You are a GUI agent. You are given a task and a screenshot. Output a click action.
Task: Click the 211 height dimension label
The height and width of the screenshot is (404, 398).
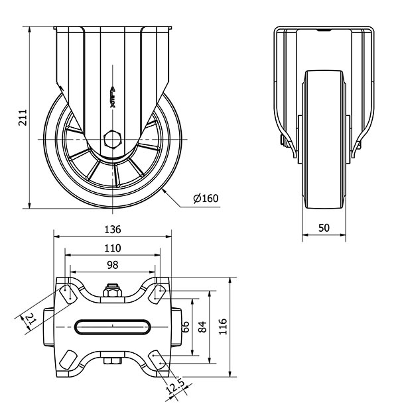(x=23, y=117)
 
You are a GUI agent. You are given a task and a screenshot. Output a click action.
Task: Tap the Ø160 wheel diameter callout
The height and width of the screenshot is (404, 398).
(x=206, y=198)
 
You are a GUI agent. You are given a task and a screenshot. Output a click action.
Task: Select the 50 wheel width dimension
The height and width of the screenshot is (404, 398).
(x=324, y=228)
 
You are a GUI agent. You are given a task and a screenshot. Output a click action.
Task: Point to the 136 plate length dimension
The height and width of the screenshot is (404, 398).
(x=113, y=229)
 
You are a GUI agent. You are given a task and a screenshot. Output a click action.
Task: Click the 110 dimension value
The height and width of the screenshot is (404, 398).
(x=113, y=248)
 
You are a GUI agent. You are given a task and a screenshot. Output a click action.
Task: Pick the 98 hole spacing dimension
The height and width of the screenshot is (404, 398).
(x=113, y=265)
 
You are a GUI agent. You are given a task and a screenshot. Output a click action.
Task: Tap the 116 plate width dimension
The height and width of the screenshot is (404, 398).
(x=223, y=327)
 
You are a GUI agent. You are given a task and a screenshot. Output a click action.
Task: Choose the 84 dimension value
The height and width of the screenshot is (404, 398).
(x=202, y=327)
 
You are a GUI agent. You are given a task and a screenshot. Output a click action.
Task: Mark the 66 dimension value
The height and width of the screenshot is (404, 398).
(x=186, y=327)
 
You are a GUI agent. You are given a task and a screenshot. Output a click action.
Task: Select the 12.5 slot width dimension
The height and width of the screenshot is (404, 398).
(x=175, y=386)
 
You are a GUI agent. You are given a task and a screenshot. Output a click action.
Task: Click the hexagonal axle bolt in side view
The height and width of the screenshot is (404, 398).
(x=112, y=139)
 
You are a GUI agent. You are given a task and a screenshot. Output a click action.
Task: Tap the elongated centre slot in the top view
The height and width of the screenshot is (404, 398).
(x=113, y=327)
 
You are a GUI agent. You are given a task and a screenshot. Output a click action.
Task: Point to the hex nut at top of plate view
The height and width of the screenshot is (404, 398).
(x=112, y=291)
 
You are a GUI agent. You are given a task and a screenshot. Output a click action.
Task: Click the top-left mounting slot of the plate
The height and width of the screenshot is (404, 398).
(x=69, y=294)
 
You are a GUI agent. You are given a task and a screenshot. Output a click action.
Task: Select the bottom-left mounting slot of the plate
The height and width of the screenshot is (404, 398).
(x=68, y=360)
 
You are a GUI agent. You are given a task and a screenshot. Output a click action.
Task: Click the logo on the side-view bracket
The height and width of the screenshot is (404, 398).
(x=113, y=97)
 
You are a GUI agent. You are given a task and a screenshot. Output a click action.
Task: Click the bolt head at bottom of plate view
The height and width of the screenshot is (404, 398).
(x=113, y=361)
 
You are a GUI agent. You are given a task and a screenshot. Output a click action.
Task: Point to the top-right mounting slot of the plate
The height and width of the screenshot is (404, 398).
(x=157, y=294)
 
